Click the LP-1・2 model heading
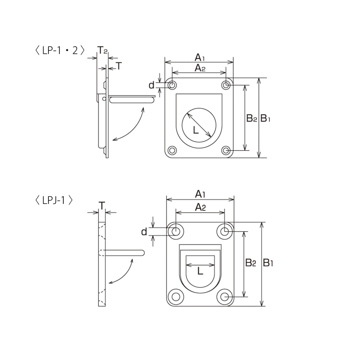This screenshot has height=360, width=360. pyautogui.click(x=60, y=50)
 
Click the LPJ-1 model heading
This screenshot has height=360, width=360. pyautogui.click(x=54, y=200)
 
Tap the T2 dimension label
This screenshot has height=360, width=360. pyautogui.click(x=102, y=50)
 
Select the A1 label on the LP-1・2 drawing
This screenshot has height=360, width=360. pyautogui.click(x=199, y=57)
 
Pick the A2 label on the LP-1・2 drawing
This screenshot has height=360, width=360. pyautogui.click(x=200, y=68)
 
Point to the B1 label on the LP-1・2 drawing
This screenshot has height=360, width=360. pyautogui.click(x=265, y=119)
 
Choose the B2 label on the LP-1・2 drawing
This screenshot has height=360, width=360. pyautogui.click(x=251, y=119)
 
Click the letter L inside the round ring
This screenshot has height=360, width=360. pyautogui.click(x=196, y=130)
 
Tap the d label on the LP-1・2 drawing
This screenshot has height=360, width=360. pyautogui.click(x=151, y=85)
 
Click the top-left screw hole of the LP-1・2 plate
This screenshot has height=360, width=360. pyautogui.click(x=172, y=85)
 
